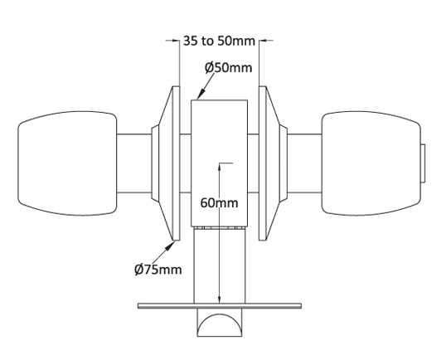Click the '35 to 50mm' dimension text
(x=220, y=39)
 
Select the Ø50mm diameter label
(x=228, y=67)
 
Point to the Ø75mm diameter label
(x=158, y=269)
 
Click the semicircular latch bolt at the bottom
(x=220, y=324)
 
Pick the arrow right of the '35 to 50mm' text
(x=266, y=39)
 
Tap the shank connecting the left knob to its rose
(x=133, y=163)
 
